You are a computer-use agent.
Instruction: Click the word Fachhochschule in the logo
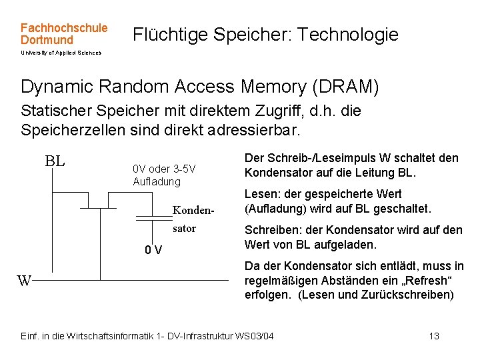point(63,28)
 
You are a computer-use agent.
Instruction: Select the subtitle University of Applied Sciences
point(61,53)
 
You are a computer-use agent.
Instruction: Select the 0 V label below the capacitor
point(153,251)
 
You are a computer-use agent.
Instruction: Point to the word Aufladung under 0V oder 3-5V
point(157,181)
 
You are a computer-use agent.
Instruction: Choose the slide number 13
point(434,336)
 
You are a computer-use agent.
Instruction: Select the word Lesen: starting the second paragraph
point(261,194)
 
